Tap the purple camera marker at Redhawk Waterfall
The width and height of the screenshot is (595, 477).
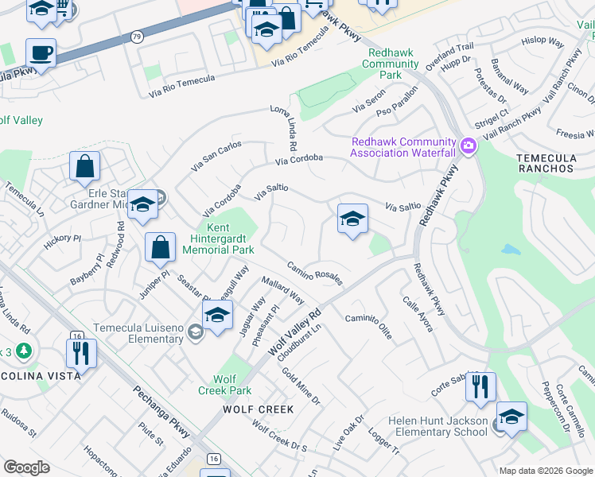469,145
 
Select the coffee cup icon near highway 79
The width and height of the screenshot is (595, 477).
41,54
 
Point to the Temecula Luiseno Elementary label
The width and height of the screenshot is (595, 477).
138,333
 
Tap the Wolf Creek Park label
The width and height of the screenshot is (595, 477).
224,385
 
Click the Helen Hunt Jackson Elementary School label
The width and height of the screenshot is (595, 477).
437,425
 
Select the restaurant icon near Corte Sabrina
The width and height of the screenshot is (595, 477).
480,387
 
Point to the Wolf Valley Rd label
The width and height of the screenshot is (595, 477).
294,332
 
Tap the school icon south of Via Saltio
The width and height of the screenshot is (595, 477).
352,218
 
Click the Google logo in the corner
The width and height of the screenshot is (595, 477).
27,467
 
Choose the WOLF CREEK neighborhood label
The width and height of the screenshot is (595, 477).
258,409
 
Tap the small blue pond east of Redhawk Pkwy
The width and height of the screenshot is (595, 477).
511,249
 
